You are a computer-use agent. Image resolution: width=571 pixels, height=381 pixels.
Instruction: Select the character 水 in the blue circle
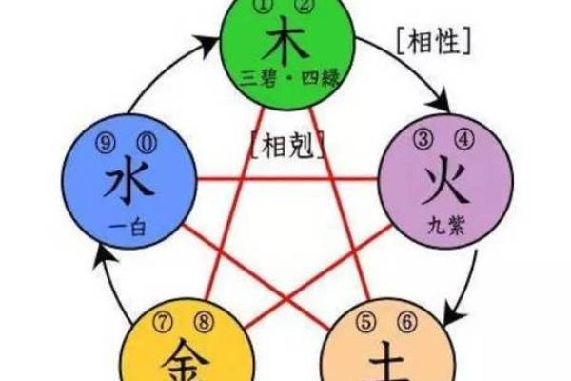click(128, 182)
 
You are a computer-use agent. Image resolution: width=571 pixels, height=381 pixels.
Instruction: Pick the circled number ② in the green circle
click(305, 10)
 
